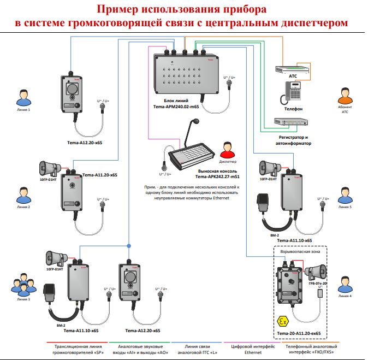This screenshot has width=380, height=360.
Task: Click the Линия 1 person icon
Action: pyautogui.click(x=23, y=98)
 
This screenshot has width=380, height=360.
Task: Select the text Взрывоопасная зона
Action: pyautogui.click(x=296, y=252)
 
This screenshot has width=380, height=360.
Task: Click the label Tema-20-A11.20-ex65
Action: pyautogui.click(x=299, y=333)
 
